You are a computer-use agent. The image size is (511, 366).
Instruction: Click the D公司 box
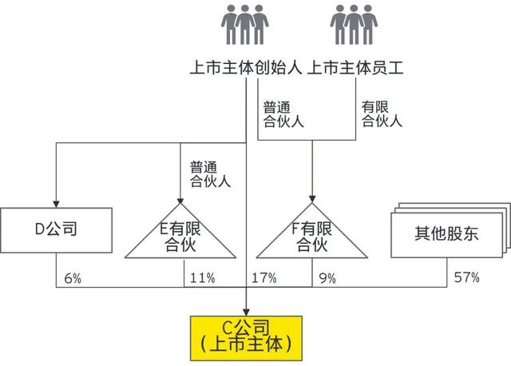coord(56,233)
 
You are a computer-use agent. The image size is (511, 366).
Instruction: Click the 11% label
coord(202,278)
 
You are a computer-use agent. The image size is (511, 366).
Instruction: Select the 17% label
coord(263,278)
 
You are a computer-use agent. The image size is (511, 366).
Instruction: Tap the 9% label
coord(327,278)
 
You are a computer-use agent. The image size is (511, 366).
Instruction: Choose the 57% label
coord(467,278)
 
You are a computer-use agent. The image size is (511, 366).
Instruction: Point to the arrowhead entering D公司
coord(54,201)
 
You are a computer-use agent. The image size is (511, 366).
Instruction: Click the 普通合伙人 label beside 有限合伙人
coord(283,114)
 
